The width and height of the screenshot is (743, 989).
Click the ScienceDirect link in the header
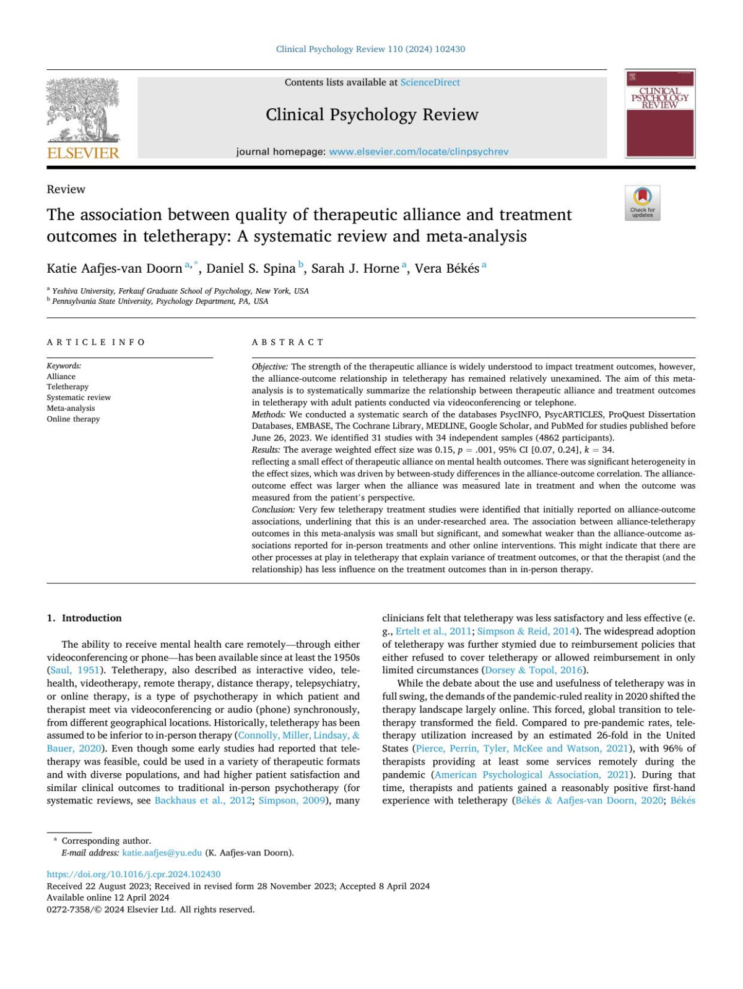(430, 82)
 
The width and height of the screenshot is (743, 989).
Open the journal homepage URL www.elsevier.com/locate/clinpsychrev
(419, 152)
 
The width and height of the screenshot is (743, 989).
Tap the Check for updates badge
(642, 202)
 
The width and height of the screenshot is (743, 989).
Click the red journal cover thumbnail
(660, 114)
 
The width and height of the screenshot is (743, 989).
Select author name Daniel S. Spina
(251, 268)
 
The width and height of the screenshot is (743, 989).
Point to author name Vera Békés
(446, 268)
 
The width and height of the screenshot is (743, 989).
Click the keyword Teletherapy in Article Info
(67, 387)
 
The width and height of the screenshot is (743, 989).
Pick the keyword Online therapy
(73, 419)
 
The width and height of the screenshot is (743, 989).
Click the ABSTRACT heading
(288, 342)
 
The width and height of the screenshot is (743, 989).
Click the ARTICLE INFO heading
(96, 342)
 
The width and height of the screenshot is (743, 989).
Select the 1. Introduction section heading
(84, 618)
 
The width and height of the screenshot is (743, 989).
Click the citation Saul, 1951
(74, 670)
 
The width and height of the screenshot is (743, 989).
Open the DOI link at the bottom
(134, 874)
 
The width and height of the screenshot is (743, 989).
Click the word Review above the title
(66, 189)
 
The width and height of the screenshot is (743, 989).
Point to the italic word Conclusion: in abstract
(273, 510)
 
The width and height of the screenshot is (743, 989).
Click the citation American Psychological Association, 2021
(532, 774)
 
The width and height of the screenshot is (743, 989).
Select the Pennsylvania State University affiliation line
(160, 301)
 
